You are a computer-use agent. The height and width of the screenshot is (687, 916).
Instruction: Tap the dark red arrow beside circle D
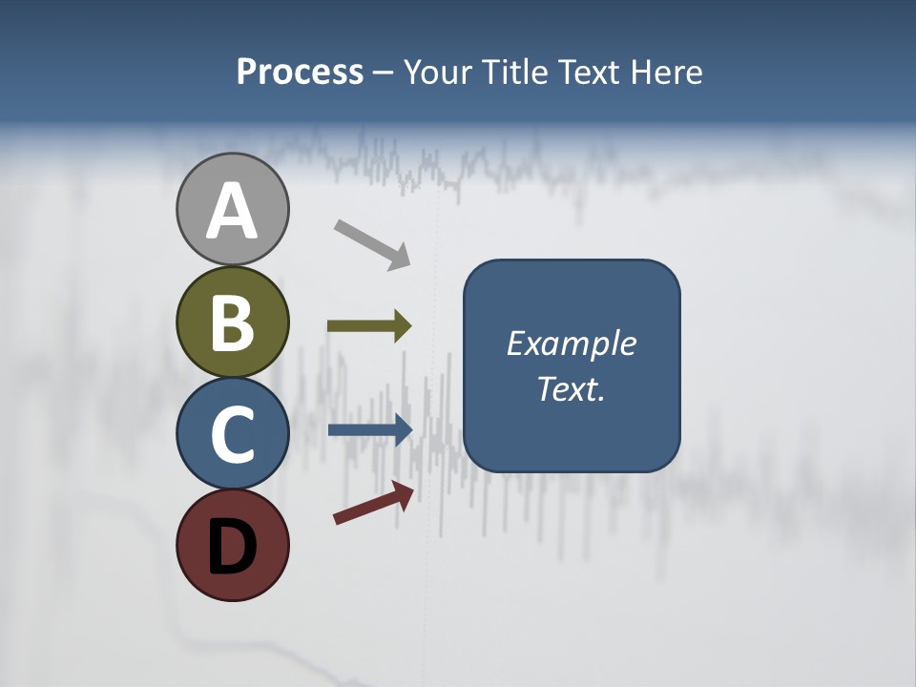(x=373, y=503)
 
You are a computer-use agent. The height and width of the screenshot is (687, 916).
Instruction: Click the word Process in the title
(x=300, y=73)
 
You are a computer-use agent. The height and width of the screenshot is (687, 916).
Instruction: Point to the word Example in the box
(x=571, y=343)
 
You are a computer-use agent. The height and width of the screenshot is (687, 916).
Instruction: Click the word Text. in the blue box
(x=571, y=389)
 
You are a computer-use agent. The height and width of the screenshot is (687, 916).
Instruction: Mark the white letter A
(x=232, y=212)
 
